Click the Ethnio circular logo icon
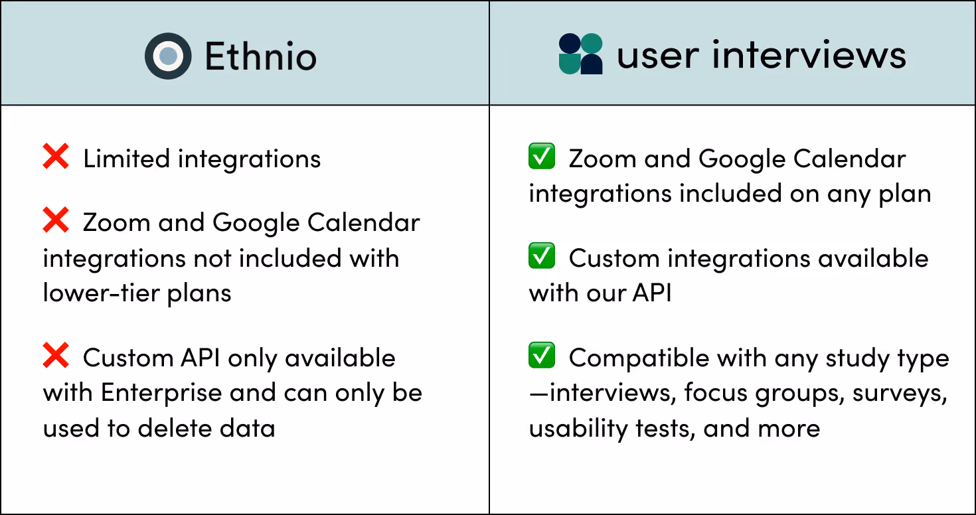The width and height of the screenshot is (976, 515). pos(168,56)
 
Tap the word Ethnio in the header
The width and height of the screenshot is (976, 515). pos(260,56)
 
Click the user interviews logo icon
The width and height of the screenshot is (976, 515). pos(580,54)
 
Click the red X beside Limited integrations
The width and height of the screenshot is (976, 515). pos(56,157)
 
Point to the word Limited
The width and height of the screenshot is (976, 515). pos(126,159)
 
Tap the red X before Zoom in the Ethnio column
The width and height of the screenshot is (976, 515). pos(56,221)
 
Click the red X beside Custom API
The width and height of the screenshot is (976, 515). pos(56,356)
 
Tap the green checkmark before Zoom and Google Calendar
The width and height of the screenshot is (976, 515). pos(542,157)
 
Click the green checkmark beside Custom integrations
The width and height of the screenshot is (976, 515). pos(542,256)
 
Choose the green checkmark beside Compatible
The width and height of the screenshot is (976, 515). pos(542,356)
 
